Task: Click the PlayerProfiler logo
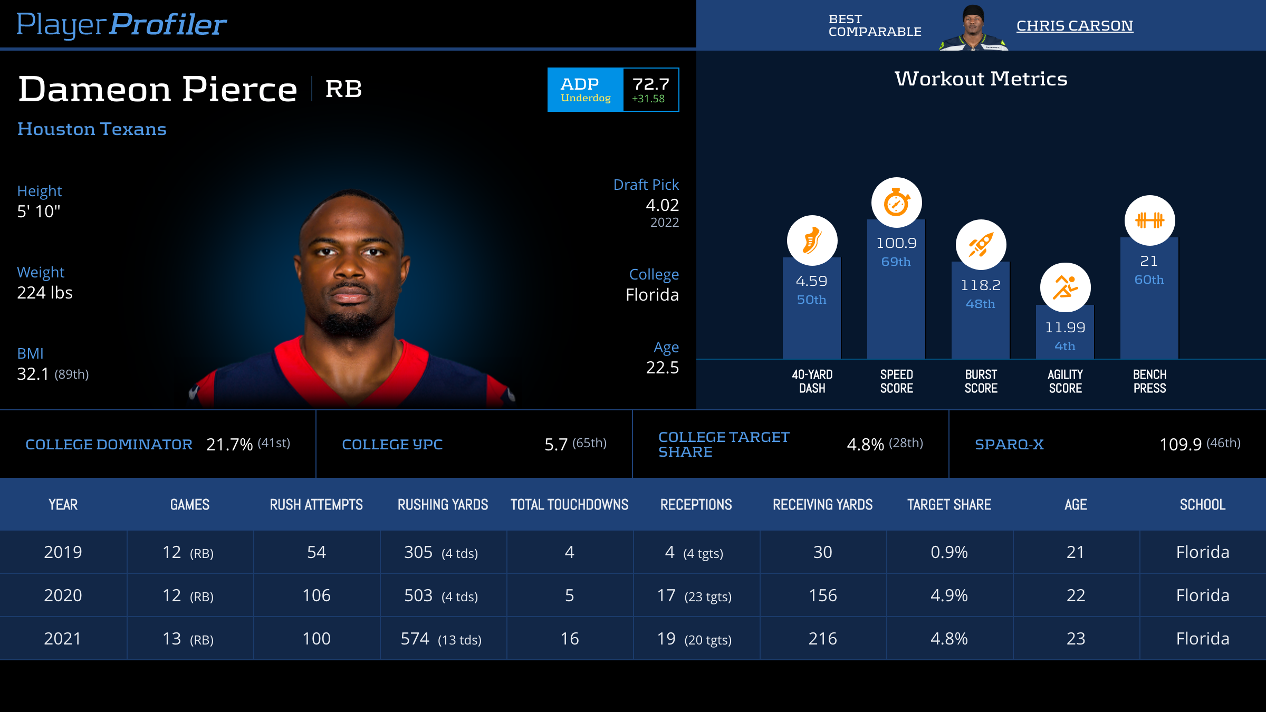(121, 24)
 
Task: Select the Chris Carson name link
(1075, 26)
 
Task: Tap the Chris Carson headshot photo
(973, 27)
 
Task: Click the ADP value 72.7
(651, 84)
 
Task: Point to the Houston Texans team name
(92, 129)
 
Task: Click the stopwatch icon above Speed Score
(896, 203)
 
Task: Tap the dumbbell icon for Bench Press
(1149, 220)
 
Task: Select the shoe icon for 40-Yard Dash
(812, 240)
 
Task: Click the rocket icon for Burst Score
(981, 245)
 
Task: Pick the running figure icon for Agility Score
(1065, 287)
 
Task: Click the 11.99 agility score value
(1065, 328)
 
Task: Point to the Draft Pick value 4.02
(662, 205)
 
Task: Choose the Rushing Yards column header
(443, 505)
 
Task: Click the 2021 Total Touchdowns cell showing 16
(570, 639)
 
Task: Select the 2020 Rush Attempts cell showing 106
(316, 595)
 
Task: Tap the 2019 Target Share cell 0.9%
(949, 552)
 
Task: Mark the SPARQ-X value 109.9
(1181, 445)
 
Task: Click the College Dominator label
(109, 445)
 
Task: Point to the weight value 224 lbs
(45, 293)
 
